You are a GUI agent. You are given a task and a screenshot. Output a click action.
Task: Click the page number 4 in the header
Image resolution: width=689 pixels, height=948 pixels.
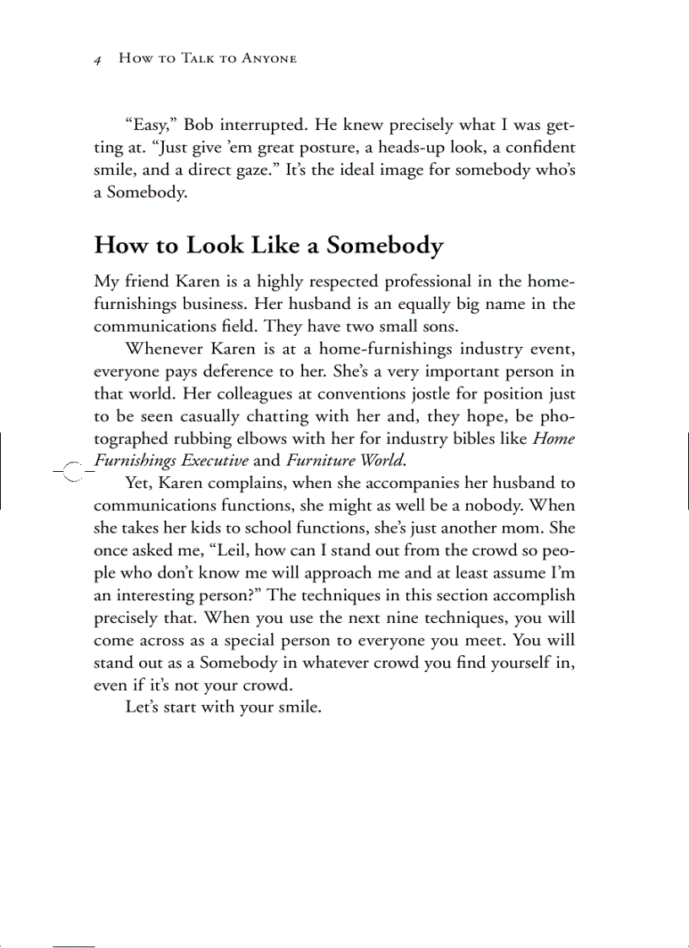tap(98, 59)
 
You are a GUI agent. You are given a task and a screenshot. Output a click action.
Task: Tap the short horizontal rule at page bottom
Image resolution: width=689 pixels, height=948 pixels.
tap(73, 945)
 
